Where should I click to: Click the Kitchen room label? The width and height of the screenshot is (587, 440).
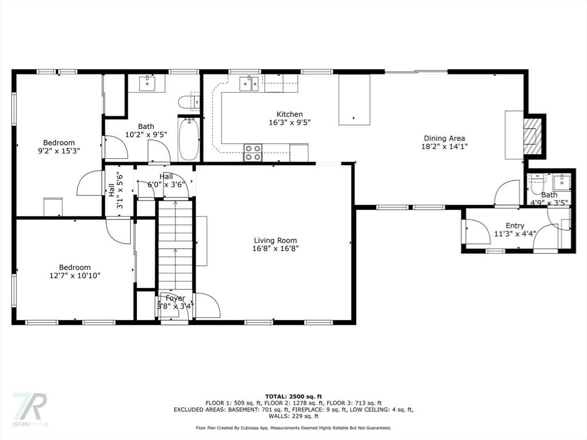(289, 114)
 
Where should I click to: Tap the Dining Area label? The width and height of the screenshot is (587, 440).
(444, 139)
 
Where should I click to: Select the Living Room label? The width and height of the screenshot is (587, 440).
(275, 241)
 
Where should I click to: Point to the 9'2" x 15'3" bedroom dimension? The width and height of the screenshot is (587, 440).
(59, 151)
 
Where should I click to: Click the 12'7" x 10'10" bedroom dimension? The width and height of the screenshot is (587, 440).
(75, 276)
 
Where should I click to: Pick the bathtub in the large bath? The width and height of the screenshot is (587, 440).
(188, 139)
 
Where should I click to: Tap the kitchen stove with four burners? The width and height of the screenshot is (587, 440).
(253, 152)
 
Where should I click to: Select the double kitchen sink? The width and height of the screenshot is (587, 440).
(249, 84)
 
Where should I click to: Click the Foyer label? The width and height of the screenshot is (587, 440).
(175, 298)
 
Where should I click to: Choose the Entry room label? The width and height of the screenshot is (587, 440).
(515, 226)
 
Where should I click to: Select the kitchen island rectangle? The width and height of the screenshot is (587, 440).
(354, 100)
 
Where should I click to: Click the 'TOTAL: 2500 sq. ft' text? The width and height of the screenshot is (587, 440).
(293, 396)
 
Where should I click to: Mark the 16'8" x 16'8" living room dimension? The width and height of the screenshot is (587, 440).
(276, 249)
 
